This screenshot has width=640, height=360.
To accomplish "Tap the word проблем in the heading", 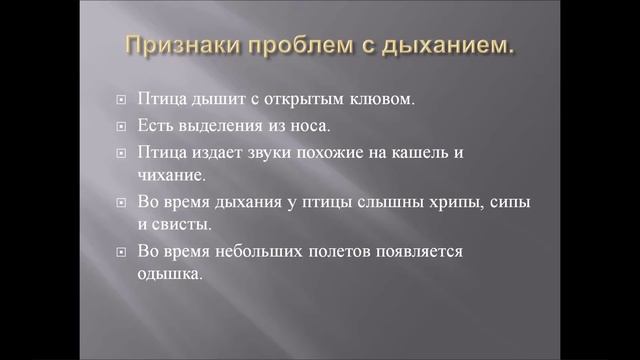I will tap(300, 46).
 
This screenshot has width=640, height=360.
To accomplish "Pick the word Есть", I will tap(159, 127).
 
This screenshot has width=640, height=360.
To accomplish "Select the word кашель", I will tap(437, 153).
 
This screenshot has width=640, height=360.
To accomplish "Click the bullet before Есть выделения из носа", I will tap(120, 128).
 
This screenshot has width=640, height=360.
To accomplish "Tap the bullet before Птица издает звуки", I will tap(120, 154).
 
